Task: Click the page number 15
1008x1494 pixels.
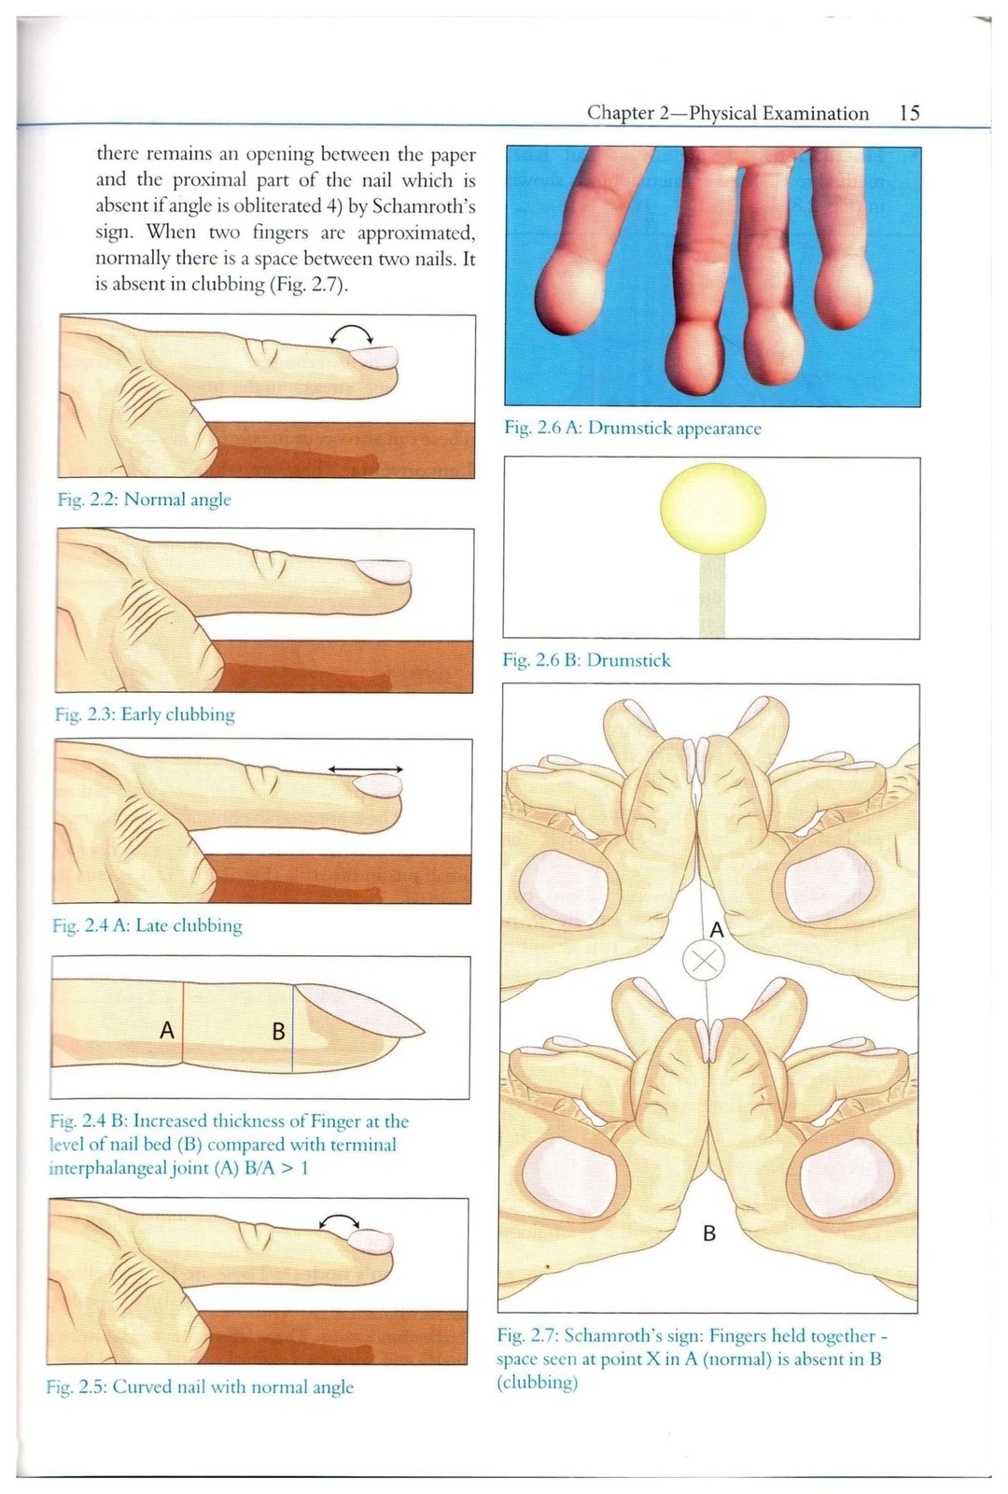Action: [x=909, y=112]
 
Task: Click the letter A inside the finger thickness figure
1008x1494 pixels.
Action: [x=167, y=1031]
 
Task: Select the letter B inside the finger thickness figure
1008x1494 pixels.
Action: [x=279, y=1032]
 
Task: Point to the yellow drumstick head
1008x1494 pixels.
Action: [x=713, y=508]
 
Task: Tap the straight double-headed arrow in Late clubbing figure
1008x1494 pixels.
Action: [x=366, y=769]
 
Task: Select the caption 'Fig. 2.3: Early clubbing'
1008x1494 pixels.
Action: [x=145, y=715]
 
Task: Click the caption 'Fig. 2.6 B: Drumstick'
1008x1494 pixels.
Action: [x=587, y=660]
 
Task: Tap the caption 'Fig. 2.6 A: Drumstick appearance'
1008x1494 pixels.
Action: [x=633, y=428]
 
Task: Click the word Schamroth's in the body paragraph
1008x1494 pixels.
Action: [x=424, y=206]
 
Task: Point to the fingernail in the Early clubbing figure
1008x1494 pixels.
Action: [x=385, y=571]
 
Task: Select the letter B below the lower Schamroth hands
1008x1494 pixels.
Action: [x=709, y=1233]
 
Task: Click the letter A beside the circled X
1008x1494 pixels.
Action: [x=717, y=930]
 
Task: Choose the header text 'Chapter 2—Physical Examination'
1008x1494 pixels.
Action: [x=728, y=113]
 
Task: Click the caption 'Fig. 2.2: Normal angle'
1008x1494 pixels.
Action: [x=144, y=500]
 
